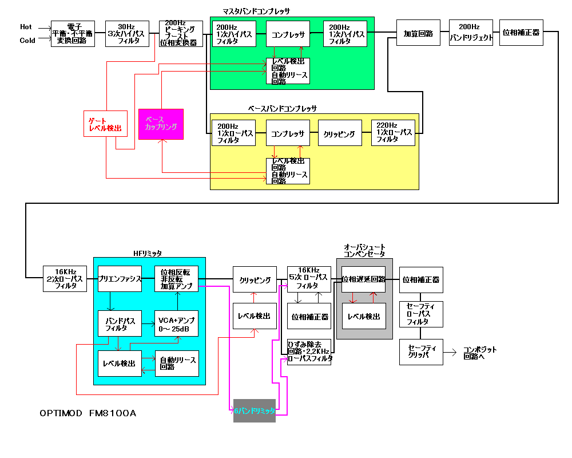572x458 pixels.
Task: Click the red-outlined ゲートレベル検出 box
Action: pos(105,124)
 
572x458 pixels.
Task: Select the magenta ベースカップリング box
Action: pos(161,124)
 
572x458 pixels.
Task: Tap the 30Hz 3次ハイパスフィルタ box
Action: pos(127,34)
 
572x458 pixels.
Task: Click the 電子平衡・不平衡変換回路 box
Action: pos(73,34)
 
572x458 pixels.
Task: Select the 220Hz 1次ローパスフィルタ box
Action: pos(394,133)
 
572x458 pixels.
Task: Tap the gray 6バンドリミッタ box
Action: pos(255,411)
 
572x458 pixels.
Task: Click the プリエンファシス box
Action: pos(120,279)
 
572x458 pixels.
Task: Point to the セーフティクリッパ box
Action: pos(421,351)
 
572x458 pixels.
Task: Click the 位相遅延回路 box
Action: pos(364,279)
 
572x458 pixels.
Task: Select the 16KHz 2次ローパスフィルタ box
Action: pos(65,279)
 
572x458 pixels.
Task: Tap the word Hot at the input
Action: pos(26,27)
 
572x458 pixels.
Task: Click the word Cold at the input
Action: pos(27,41)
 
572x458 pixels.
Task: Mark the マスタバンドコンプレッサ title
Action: pos(256,11)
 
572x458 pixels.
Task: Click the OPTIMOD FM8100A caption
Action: pos(88,413)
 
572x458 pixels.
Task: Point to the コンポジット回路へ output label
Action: pos(480,352)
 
